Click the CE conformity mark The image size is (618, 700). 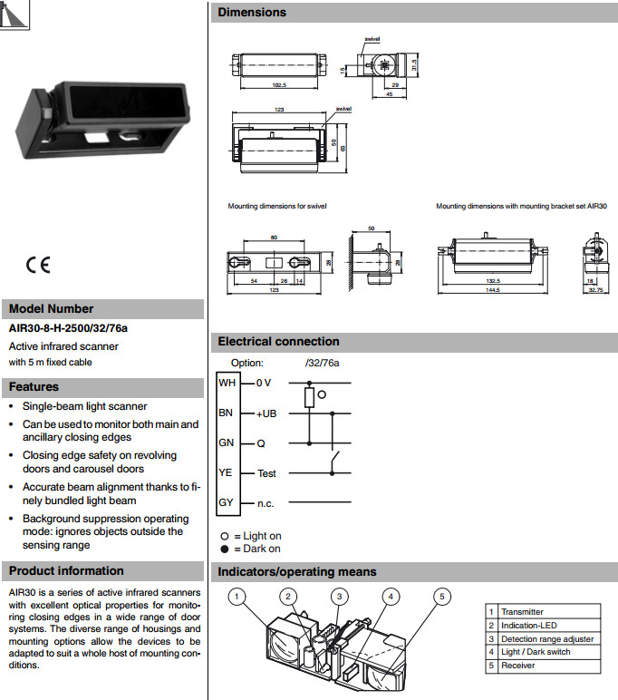38,265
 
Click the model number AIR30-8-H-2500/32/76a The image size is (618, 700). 68,329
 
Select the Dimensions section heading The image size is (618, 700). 252,13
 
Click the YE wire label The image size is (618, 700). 226,472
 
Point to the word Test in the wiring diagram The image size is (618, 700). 266,473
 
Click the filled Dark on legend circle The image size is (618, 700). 224,549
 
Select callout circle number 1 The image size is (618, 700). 237,597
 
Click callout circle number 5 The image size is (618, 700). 441,597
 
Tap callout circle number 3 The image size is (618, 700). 339,597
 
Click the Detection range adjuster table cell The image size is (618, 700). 547,638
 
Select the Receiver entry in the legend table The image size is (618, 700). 518,665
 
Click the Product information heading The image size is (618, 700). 66,570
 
